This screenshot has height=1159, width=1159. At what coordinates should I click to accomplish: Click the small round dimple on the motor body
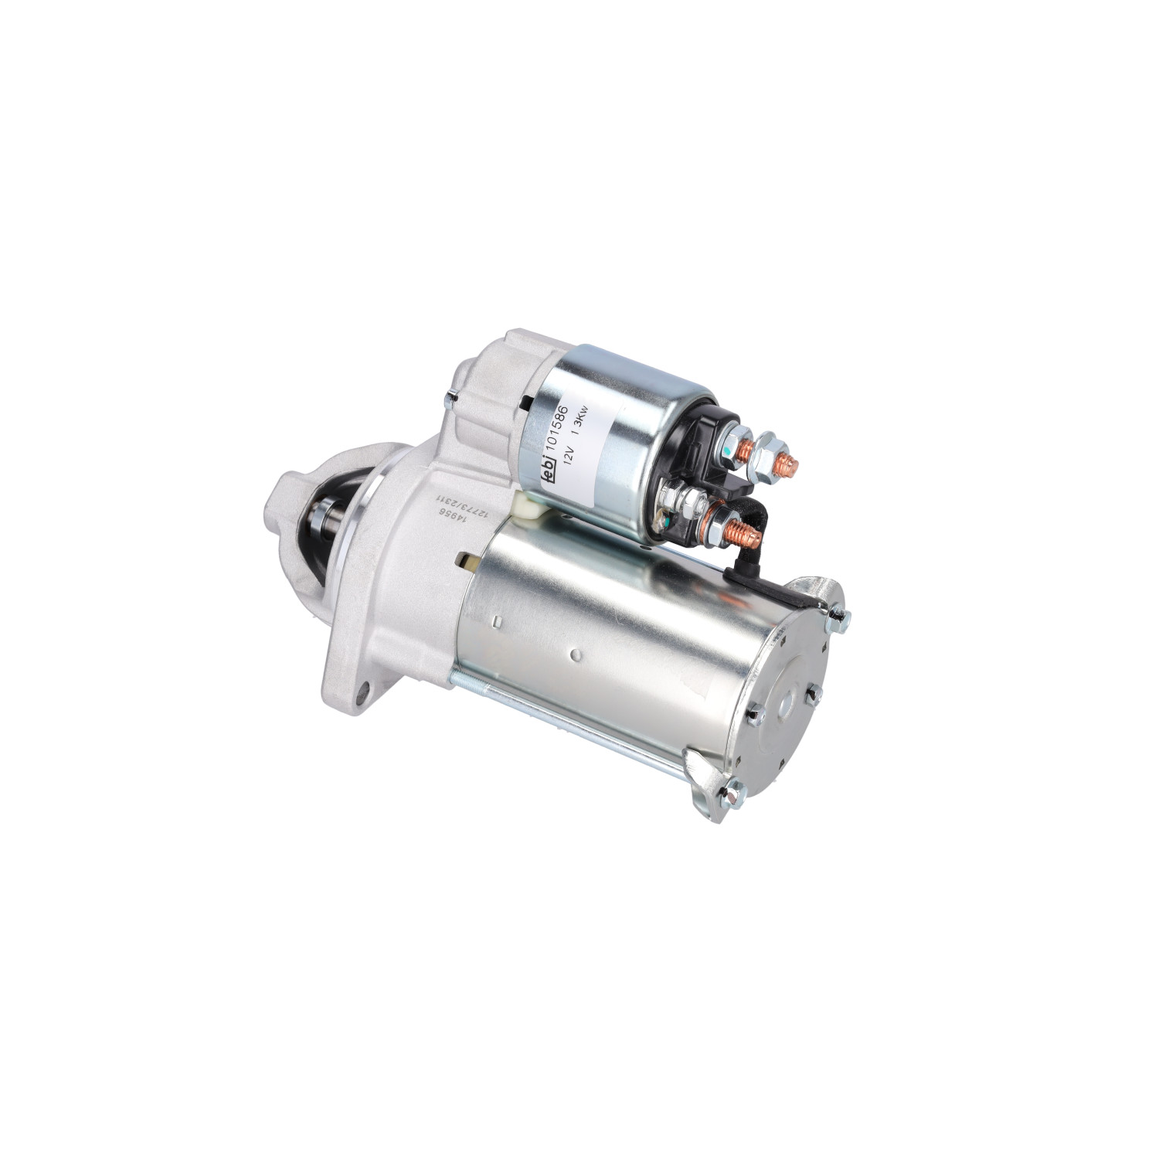pos(574,655)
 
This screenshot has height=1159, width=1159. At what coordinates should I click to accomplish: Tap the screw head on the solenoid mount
pos(450,399)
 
